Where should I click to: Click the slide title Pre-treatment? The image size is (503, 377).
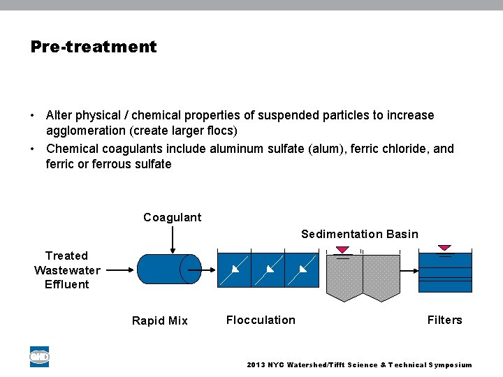(x=94, y=47)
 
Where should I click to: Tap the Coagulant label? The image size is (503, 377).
(x=172, y=217)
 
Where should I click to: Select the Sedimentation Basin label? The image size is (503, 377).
(x=359, y=234)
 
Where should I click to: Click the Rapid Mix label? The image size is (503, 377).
(x=159, y=320)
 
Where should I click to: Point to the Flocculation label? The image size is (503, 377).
(x=261, y=320)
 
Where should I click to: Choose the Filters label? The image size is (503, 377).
(x=444, y=320)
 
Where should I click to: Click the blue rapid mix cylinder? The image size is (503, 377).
(x=168, y=269)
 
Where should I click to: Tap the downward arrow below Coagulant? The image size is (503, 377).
(x=173, y=240)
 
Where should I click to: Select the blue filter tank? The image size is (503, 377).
(x=445, y=272)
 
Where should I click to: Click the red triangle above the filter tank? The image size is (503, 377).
(x=444, y=248)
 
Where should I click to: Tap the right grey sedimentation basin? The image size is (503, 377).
(x=381, y=276)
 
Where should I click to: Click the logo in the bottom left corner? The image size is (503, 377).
(x=39, y=357)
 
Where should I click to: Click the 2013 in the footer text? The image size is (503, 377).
(x=256, y=365)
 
